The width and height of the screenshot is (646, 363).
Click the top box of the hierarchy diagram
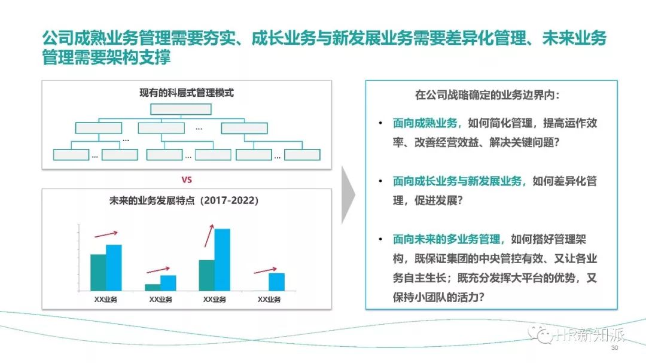pyautogui.click(x=181, y=109)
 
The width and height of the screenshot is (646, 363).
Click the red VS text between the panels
pyautogui.click(x=186, y=179)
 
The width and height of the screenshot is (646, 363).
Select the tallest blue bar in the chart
pyautogui.click(x=222, y=260)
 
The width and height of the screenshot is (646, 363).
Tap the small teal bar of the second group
pyautogui.click(x=153, y=287)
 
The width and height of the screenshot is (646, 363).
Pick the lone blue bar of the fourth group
pyautogui.click(x=276, y=282)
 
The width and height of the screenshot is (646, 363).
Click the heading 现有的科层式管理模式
pyautogui.click(x=186, y=93)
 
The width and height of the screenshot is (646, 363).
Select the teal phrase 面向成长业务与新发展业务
pyautogui.click(x=458, y=181)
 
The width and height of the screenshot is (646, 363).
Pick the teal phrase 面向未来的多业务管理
pyautogui.click(x=449, y=239)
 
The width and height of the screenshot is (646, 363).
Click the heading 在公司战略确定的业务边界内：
pyautogui.click(x=487, y=94)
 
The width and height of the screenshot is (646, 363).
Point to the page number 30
pyautogui.click(x=613, y=348)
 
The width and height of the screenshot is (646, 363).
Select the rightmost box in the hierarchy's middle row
pyautogui.click(x=244, y=128)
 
